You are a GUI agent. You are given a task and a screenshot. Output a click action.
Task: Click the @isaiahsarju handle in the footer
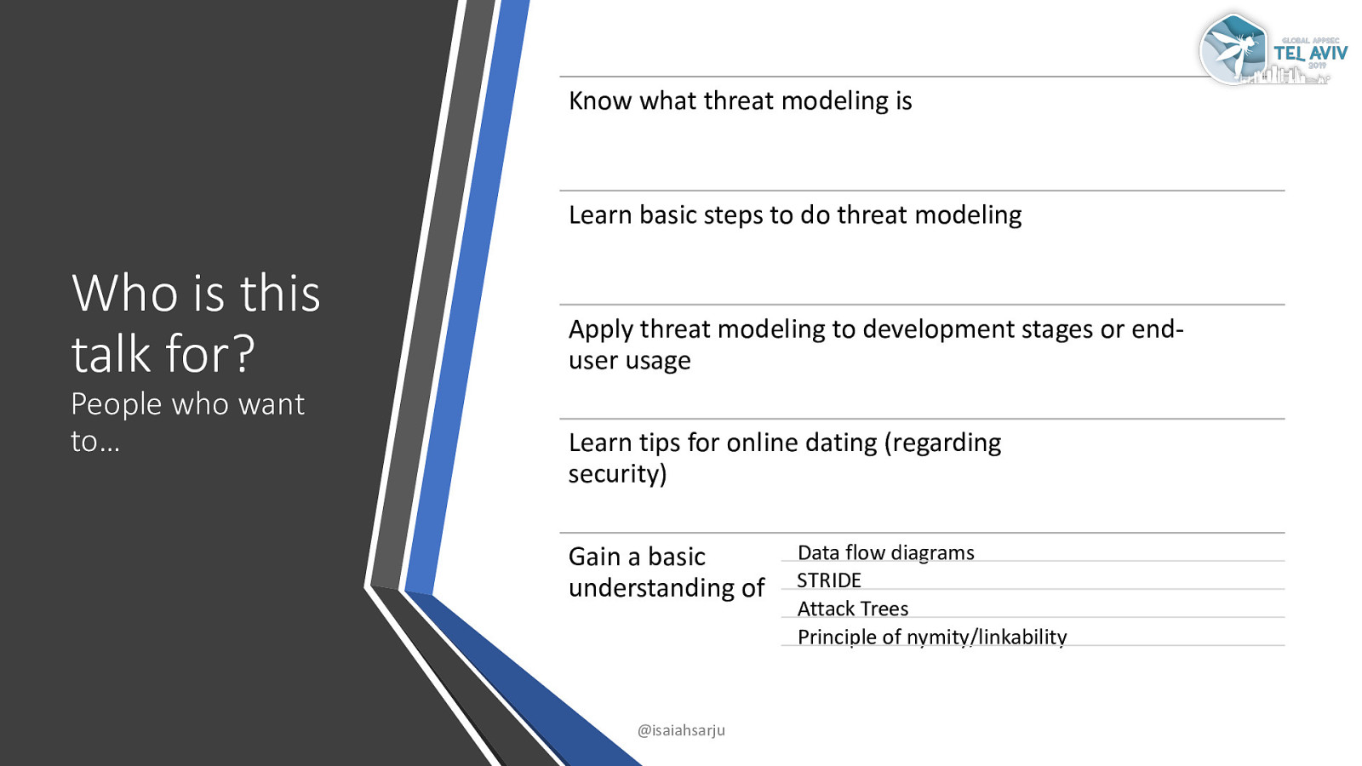681,730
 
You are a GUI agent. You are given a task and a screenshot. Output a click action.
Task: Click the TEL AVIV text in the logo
1310,54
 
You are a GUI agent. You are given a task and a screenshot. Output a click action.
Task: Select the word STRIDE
829,580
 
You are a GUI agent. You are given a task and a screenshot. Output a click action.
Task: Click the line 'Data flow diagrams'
886,552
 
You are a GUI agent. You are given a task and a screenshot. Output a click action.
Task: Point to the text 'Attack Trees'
852,609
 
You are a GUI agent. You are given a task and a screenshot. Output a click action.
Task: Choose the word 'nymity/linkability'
987,637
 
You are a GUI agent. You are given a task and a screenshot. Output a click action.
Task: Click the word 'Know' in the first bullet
600,101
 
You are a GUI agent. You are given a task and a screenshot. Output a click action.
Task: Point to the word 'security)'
618,475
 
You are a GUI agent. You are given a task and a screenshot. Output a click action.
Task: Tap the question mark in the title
243,353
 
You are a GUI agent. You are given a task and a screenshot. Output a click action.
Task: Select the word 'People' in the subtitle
116,405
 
